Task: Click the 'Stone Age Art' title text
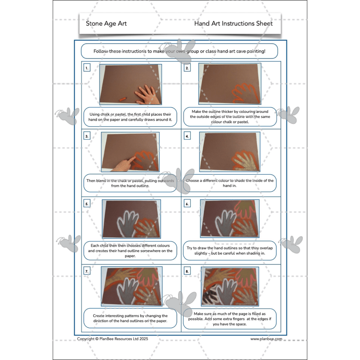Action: click(106, 23)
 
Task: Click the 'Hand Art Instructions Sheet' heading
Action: click(233, 23)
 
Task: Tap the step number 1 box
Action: click(87, 68)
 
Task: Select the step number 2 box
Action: click(187, 68)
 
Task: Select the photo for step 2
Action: click(229, 84)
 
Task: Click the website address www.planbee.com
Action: click(266, 339)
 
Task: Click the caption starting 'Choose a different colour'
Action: click(229, 183)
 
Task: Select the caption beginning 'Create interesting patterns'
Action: click(130, 318)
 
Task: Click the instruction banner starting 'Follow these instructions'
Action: click(179, 51)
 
